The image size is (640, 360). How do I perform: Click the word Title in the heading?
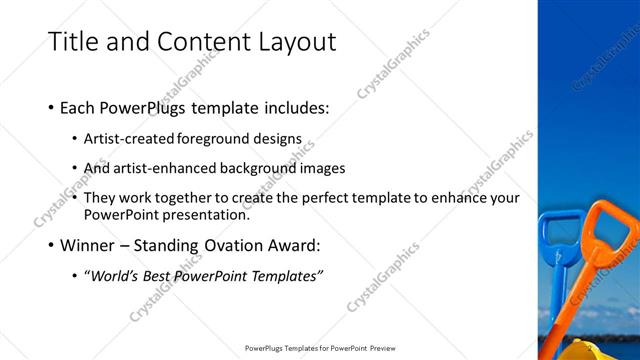click(74, 41)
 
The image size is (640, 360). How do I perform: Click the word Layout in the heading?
click(292, 41)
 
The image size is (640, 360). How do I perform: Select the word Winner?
click(91, 244)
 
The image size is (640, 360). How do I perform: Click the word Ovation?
click(240, 244)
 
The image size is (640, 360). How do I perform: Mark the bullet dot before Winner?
click(51, 245)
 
